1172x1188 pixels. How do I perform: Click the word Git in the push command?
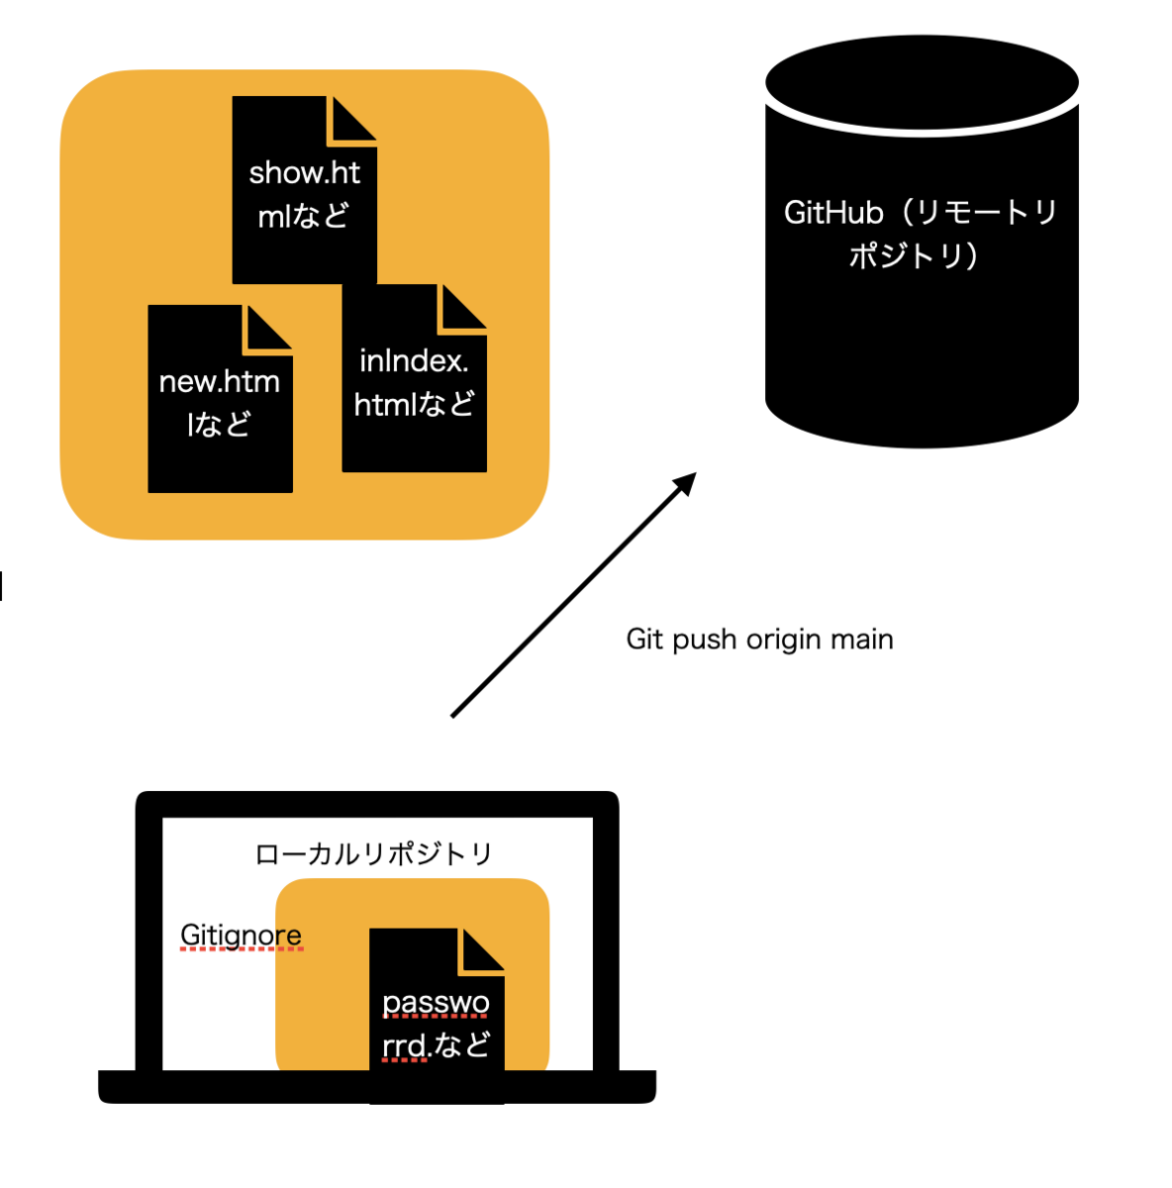[x=644, y=640]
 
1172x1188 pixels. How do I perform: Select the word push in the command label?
[x=705, y=641]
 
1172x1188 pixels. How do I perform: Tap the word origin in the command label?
[x=784, y=641]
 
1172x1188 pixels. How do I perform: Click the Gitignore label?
[x=241, y=935]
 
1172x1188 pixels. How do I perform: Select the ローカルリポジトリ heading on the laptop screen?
[x=374, y=854]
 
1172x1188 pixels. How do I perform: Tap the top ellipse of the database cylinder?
[x=922, y=83]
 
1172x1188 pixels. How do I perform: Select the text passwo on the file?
[x=436, y=1003]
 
